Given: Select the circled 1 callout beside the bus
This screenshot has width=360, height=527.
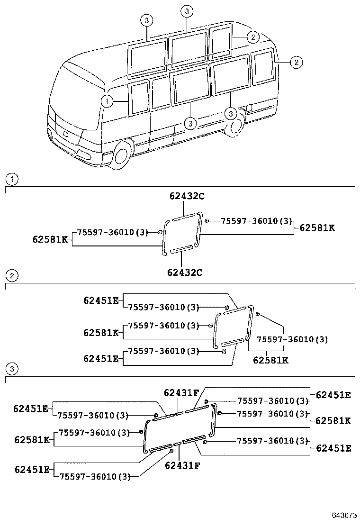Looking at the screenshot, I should (107, 101).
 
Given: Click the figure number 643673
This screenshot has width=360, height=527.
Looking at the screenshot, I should (343, 515).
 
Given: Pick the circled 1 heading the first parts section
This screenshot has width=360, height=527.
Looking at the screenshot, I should (11, 180).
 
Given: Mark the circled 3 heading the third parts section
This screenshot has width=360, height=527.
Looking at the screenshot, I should (11, 368).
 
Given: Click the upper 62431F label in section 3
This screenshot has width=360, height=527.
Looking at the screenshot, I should (182, 392).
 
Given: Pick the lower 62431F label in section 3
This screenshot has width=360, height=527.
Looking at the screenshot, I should (182, 465).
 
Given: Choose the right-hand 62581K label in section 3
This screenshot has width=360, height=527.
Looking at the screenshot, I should (333, 420).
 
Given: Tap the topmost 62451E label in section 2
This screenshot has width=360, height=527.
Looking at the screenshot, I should (101, 300).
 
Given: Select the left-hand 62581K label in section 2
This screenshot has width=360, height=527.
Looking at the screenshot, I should (101, 332).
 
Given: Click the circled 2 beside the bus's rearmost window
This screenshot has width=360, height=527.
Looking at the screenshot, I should (296, 62).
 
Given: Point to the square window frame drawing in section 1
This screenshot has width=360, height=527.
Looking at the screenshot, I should (182, 234).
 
